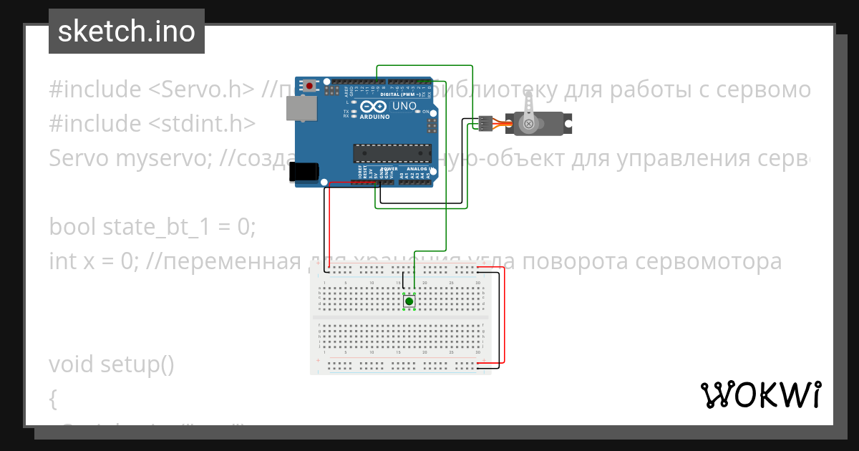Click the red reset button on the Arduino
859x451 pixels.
click(309, 86)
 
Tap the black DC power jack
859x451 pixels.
click(303, 172)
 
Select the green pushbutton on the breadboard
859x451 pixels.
click(409, 301)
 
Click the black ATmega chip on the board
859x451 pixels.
click(392, 153)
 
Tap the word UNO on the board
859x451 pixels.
click(405, 105)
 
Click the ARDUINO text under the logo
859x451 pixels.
click(374, 116)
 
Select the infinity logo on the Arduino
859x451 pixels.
click(374, 107)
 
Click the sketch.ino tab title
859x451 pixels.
click(127, 31)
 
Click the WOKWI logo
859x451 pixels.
click(760, 394)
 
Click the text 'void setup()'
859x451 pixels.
click(112, 364)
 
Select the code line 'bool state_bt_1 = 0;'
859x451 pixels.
click(152, 227)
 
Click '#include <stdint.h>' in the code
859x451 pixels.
click(152, 124)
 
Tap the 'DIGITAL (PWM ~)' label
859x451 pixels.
click(401, 94)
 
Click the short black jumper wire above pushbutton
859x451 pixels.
click(403, 282)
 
